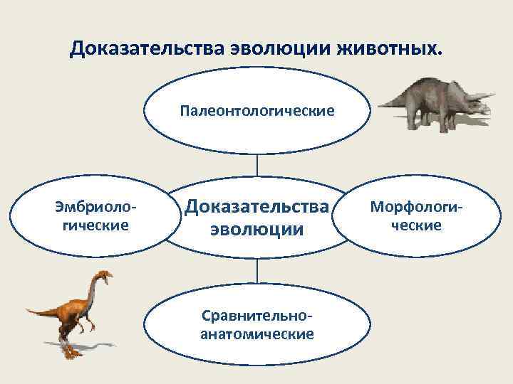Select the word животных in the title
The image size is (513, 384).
[385, 50]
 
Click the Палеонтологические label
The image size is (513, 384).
[257, 111]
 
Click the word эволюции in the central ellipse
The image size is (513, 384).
[257, 230]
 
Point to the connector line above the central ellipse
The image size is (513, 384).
[257, 164]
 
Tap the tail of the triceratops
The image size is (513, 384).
[388, 104]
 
